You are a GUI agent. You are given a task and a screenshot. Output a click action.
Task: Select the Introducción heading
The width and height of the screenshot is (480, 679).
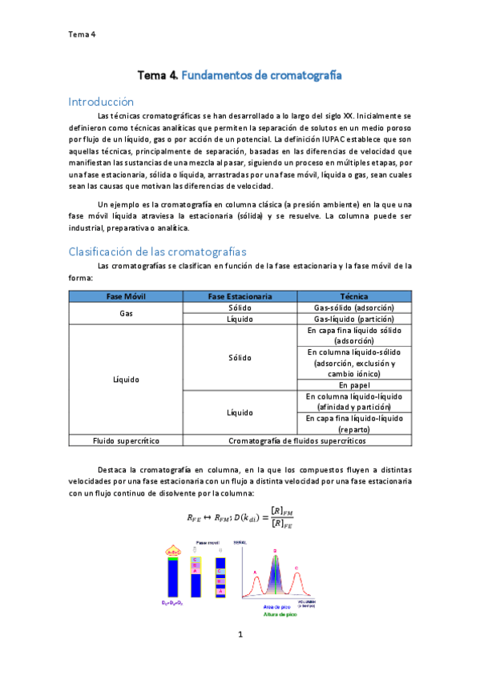pyautogui.click(x=100, y=102)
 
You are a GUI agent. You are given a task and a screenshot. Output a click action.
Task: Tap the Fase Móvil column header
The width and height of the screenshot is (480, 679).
pyautogui.click(x=126, y=296)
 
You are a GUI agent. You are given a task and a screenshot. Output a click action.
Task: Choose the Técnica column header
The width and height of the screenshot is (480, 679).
pyautogui.click(x=353, y=296)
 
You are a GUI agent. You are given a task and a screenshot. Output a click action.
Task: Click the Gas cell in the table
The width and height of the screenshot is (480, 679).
pyautogui.click(x=126, y=313)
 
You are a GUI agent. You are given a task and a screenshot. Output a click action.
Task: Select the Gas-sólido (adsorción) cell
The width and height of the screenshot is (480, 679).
pyautogui.click(x=353, y=307)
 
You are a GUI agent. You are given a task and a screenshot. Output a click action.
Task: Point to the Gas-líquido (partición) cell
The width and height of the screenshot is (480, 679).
pyautogui.click(x=353, y=319)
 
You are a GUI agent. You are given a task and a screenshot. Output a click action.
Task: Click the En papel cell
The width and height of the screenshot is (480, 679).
pyautogui.click(x=353, y=385)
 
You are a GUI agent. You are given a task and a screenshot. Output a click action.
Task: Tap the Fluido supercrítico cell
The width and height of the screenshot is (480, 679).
pyautogui.click(x=126, y=440)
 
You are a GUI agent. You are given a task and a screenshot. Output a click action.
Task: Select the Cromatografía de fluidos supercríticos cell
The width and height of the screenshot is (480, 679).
pyautogui.click(x=297, y=440)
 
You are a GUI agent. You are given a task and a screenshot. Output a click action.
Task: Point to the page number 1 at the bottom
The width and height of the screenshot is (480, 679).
pyautogui.click(x=240, y=634)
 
